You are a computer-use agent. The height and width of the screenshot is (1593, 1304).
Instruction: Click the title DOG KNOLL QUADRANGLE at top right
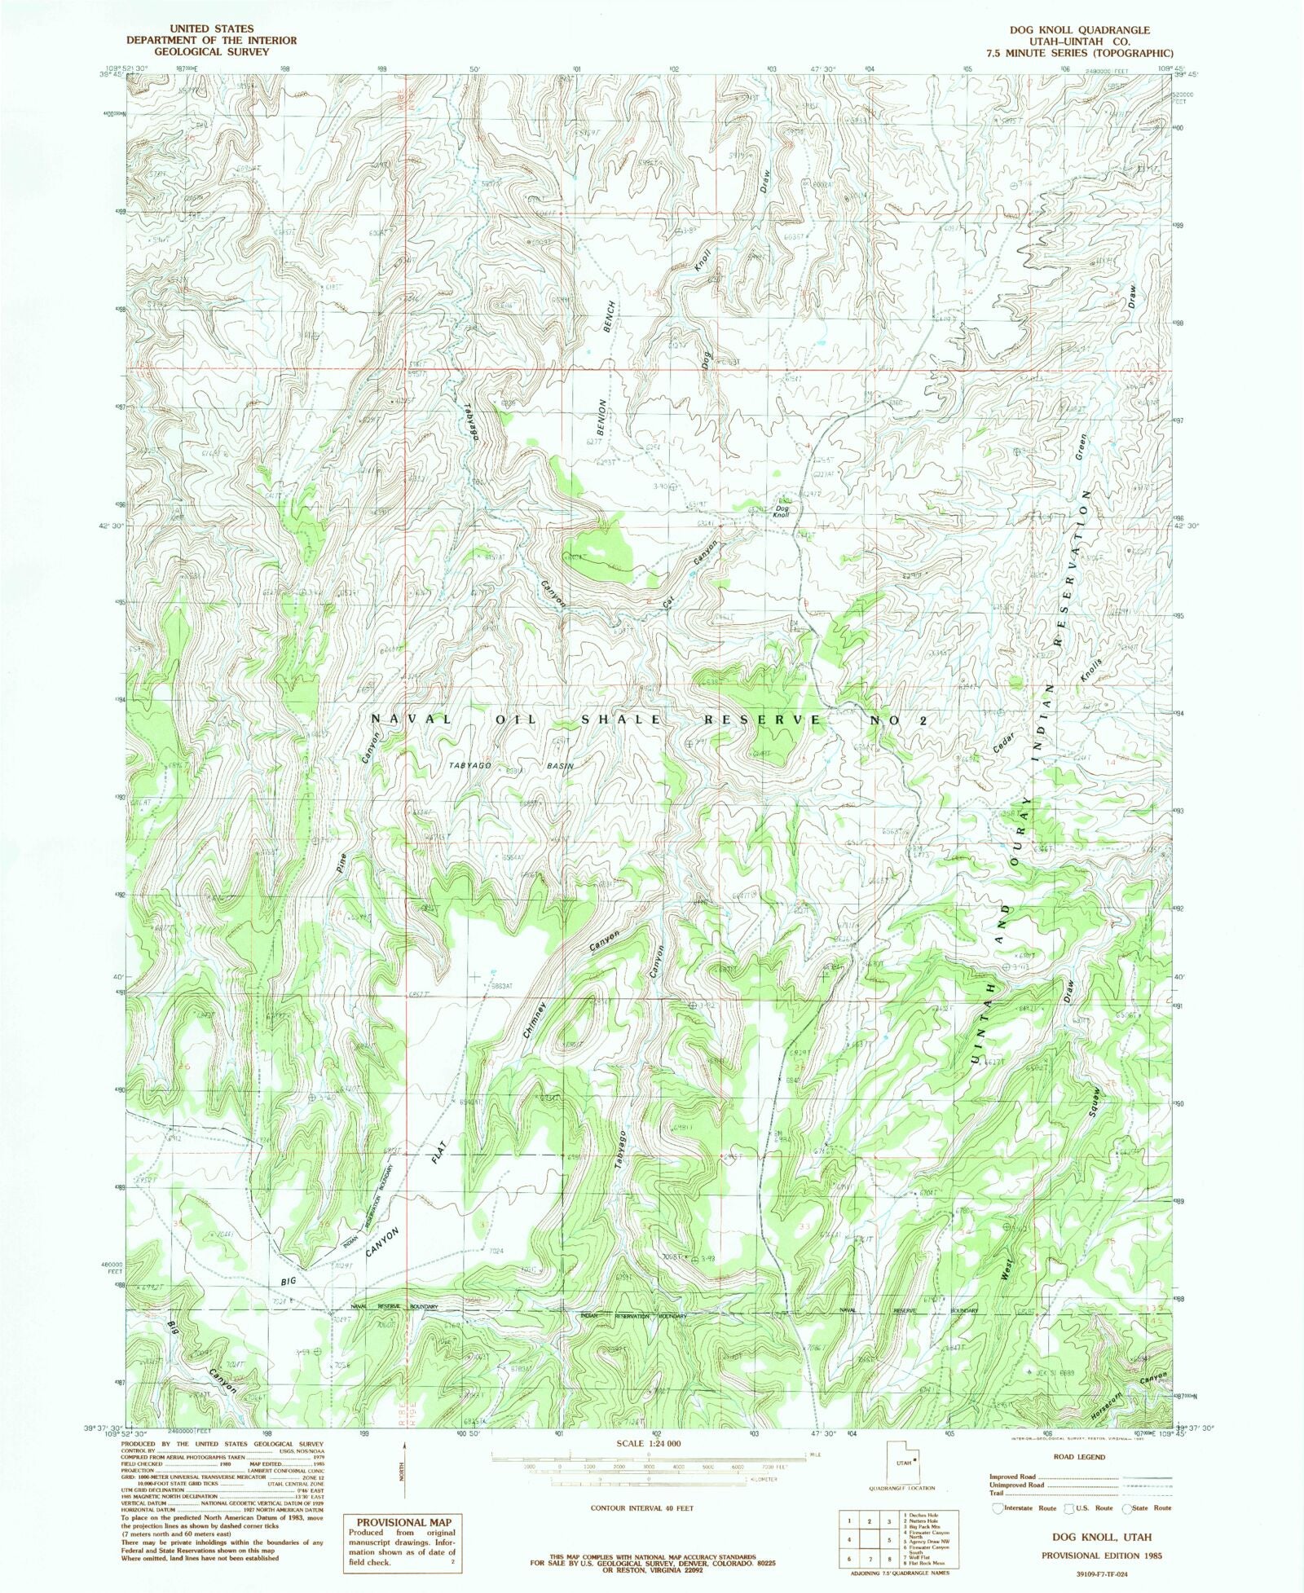(x=1080, y=30)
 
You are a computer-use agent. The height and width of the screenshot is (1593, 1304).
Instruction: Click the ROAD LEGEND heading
(x=1080, y=1457)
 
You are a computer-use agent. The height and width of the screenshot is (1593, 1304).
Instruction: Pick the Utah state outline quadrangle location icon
(x=901, y=1463)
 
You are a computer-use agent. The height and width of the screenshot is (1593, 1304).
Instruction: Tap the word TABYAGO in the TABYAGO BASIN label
(x=469, y=766)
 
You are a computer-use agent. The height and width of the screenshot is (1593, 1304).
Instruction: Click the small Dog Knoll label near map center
(x=782, y=511)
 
